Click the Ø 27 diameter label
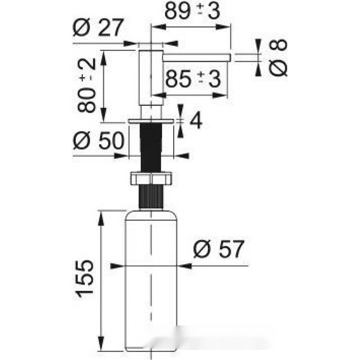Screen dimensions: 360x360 point(98,28)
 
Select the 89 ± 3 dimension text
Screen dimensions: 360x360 point(192,11)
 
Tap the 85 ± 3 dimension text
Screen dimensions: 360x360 point(193,79)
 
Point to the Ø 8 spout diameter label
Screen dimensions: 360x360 point(278,57)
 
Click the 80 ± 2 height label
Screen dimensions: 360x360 point(87,85)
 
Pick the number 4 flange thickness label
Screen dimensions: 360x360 point(196,121)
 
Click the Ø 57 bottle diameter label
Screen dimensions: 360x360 point(219,249)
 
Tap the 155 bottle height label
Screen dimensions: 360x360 point(85,279)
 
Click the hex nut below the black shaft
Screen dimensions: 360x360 point(151,178)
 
